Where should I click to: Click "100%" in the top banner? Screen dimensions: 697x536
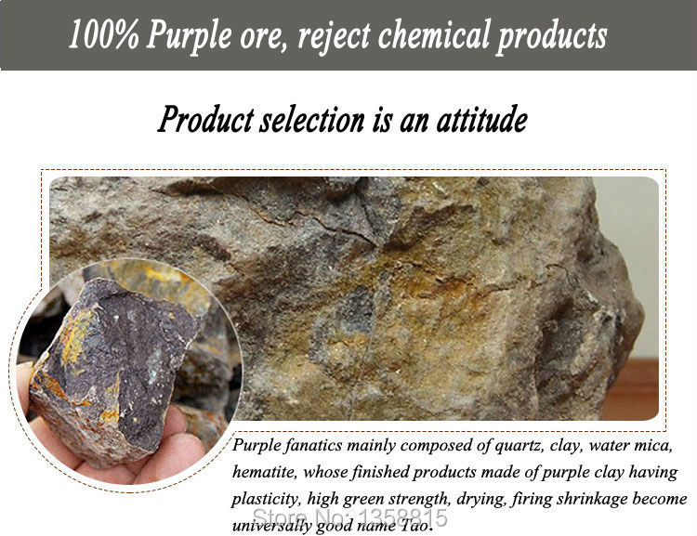103,34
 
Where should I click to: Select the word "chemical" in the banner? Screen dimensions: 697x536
434,33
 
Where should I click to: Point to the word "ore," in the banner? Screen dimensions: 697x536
261,38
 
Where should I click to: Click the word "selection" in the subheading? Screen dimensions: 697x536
311,120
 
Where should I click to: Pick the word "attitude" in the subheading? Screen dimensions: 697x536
481,119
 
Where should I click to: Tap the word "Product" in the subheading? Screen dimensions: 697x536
205,120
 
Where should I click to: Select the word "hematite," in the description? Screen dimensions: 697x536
265,472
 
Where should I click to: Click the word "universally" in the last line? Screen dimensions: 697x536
271,526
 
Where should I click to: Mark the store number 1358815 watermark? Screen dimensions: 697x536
350,517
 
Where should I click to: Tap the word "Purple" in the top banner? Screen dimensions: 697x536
189,36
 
